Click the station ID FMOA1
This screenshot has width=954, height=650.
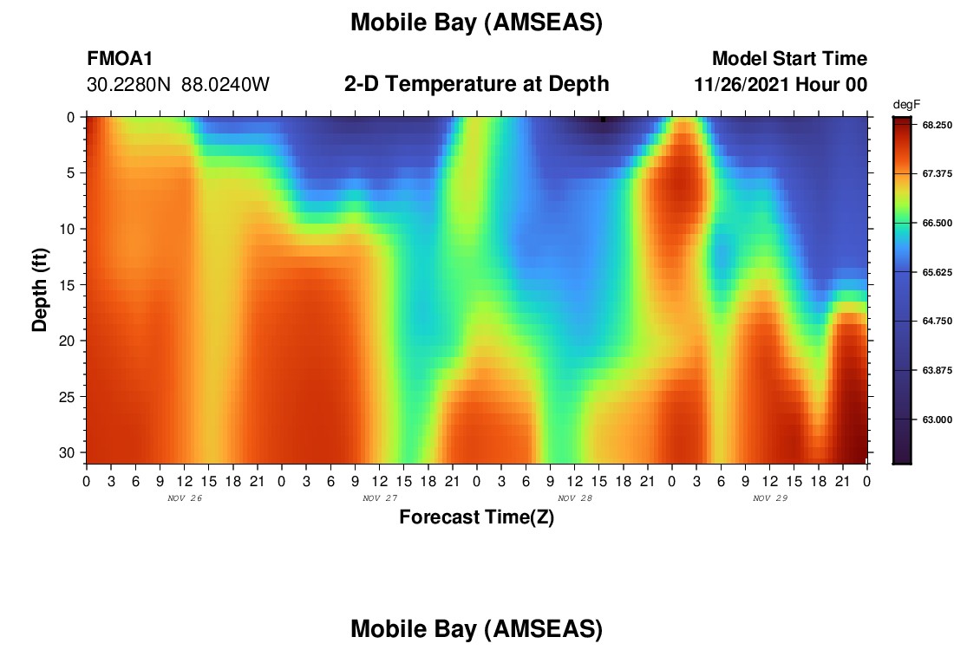tap(120, 58)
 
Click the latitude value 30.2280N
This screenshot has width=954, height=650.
tap(129, 85)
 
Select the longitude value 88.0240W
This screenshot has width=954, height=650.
tap(225, 85)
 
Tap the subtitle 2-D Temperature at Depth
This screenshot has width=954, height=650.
tap(476, 84)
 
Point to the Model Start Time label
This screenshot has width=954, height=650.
tap(789, 58)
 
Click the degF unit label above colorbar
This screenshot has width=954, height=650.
tap(906, 105)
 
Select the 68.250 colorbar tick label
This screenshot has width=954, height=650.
tap(937, 125)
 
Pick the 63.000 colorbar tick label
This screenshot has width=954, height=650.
tap(937, 419)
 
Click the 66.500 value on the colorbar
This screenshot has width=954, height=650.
tap(937, 223)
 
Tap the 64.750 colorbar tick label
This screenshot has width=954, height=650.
tap(937, 321)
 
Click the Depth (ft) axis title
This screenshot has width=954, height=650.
tap(40, 289)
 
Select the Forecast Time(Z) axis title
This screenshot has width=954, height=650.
tap(476, 517)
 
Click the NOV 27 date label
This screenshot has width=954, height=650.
tap(380, 498)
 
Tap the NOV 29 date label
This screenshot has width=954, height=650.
tap(770, 498)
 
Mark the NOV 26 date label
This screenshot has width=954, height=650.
tap(185, 498)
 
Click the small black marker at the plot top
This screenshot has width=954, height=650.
tap(603, 120)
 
